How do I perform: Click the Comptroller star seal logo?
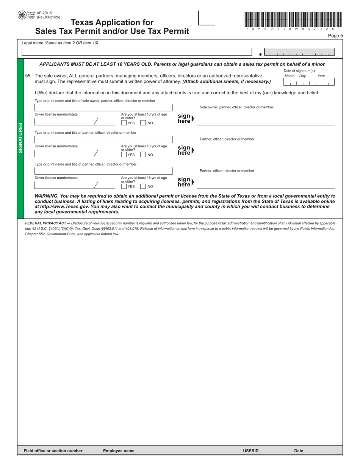coord(22,15)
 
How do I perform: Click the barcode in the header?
coord(293,19)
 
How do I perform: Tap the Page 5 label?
coord(335,36)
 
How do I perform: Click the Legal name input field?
coord(136,52)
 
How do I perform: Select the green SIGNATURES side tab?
coord(20,138)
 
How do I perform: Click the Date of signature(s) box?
coord(309,83)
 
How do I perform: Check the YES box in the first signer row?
coord(124,123)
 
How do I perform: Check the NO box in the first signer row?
coord(143,123)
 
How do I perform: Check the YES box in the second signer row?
coord(124,155)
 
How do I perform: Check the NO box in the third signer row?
coord(143,186)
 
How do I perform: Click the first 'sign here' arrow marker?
coord(185,119)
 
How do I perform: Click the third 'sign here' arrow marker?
coord(185,182)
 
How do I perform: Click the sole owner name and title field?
coord(103,107)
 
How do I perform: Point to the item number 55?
coord(28,76)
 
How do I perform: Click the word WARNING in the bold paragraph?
coord(46,196)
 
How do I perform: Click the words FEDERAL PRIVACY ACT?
coord(45,224)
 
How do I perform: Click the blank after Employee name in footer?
coord(188,450)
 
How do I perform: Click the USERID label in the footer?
coord(250,451)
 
